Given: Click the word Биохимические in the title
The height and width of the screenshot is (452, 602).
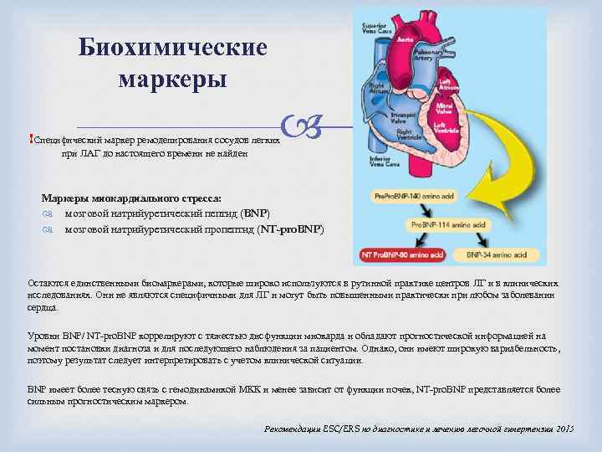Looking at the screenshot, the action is [173, 47].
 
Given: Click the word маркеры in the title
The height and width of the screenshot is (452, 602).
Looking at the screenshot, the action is [173, 80].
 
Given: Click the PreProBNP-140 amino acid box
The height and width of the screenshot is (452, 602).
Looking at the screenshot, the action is [400, 196].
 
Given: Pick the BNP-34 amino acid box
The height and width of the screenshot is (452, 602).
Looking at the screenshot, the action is [498, 254].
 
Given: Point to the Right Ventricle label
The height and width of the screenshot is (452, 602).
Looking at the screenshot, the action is [408, 134].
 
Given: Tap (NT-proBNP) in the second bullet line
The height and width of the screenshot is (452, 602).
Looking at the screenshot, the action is [291, 228].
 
